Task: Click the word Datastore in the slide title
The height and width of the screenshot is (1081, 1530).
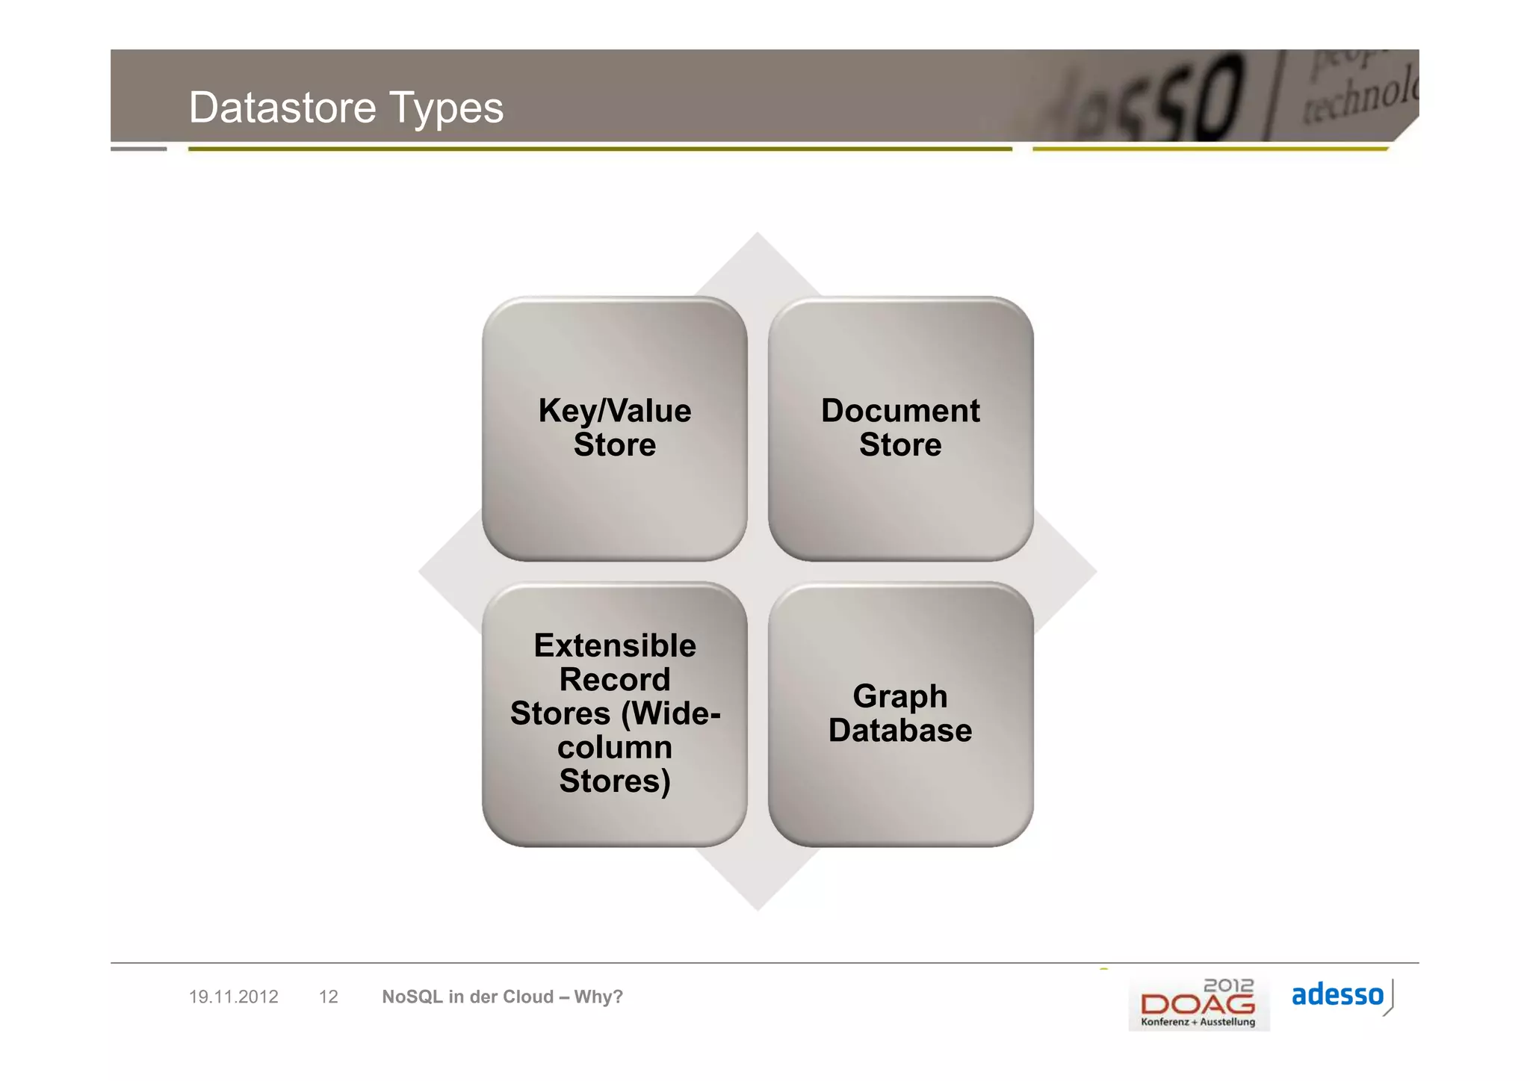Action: [x=282, y=108]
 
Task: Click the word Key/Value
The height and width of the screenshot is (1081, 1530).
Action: [x=614, y=411]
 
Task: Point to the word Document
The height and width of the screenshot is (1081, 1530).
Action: [x=900, y=411]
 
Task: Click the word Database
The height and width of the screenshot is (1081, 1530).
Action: [x=900, y=731]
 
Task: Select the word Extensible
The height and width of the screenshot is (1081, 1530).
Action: [x=614, y=645]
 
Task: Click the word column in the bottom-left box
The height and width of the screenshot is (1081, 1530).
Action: [x=614, y=748]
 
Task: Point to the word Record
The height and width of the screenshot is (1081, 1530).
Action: [x=614, y=680]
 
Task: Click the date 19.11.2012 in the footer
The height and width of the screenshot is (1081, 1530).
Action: [x=233, y=997]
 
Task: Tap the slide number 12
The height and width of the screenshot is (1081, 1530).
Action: [x=328, y=997]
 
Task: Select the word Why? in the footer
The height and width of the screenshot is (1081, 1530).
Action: [x=598, y=997]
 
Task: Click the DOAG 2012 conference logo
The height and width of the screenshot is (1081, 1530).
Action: [x=1198, y=1004]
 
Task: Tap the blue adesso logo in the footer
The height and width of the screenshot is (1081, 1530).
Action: [x=1338, y=996]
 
